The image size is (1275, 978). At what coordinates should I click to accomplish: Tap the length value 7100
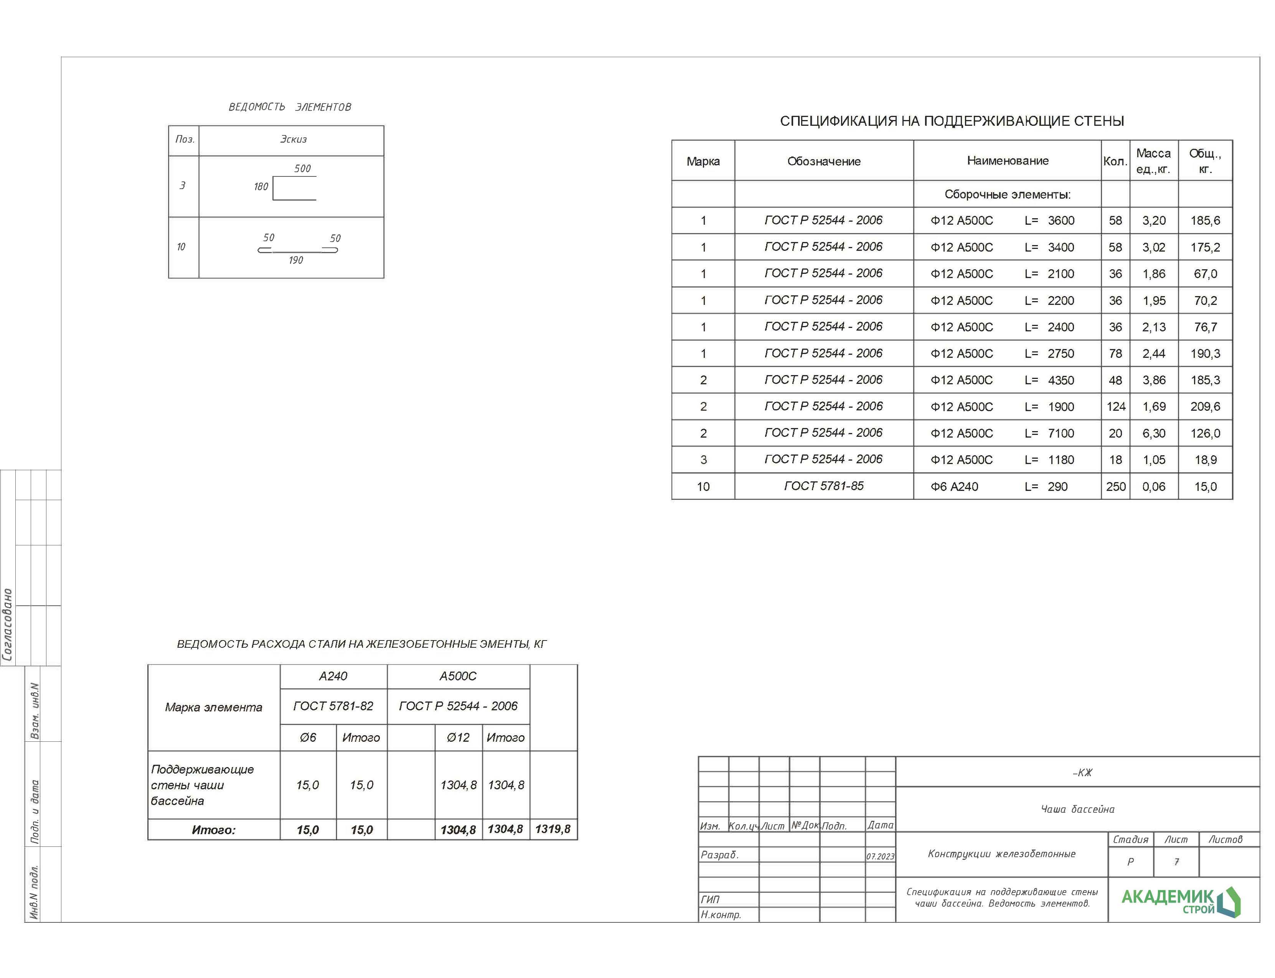[1061, 433]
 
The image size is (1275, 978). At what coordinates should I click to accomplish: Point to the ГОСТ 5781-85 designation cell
[823, 486]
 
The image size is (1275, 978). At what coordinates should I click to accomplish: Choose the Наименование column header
[1007, 161]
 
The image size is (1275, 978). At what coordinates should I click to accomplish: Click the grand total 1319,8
[552, 829]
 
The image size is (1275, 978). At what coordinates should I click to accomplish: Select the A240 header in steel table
[333, 676]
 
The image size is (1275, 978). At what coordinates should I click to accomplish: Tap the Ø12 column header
[458, 738]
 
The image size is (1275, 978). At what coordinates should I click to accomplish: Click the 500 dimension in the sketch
[302, 168]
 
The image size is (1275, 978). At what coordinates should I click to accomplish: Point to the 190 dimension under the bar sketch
[295, 260]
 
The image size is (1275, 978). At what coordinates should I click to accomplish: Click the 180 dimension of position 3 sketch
[261, 187]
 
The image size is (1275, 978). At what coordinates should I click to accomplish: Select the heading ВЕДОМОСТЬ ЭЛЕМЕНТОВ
[289, 107]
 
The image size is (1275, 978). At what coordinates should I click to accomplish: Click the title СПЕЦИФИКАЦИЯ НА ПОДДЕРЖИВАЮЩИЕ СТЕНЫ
[951, 121]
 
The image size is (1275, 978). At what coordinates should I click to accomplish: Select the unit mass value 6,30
[1153, 433]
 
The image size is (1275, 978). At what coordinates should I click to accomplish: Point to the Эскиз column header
[293, 139]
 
